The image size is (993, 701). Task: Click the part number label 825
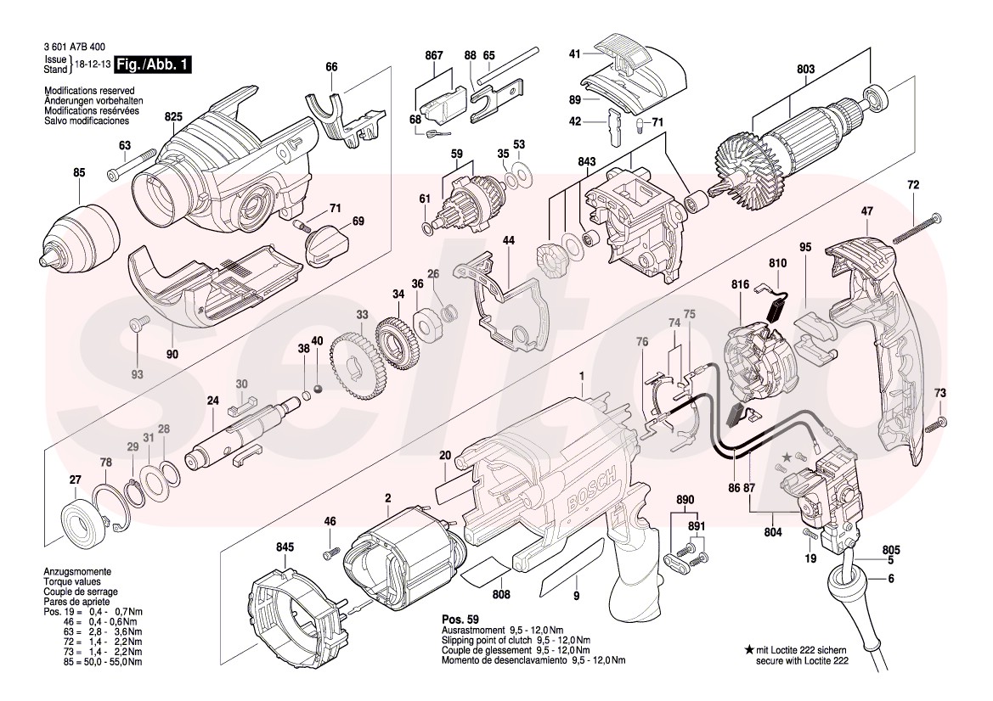coord(174,116)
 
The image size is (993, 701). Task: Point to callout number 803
coord(805,70)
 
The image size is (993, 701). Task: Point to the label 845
coord(286,547)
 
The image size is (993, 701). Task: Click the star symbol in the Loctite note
coord(748,649)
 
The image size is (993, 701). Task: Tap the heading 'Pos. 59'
coord(464,619)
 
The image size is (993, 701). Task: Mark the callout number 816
coord(739,285)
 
